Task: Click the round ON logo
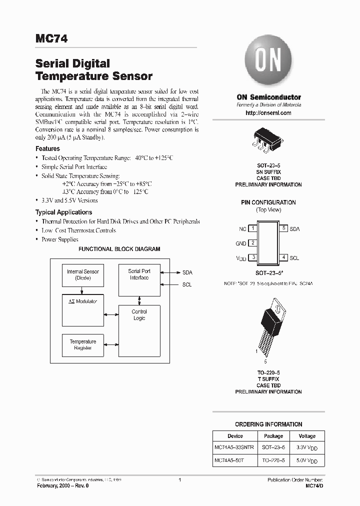pos(268,64)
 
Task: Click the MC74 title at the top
pos(51,39)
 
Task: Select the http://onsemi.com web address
pos(268,113)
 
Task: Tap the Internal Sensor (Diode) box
pos(83,274)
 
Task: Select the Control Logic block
pos(139,330)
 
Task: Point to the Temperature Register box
pos(83,345)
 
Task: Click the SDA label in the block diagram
pos(187,272)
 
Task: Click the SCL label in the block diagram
pos(187,284)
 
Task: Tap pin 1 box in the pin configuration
pos(253,228)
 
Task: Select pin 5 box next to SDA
pos(283,228)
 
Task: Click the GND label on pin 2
pos(241,243)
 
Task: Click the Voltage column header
pos(307,436)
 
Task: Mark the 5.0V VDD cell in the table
pos(307,460)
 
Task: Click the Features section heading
pos(47,148)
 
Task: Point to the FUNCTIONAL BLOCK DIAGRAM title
pos(119,248)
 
